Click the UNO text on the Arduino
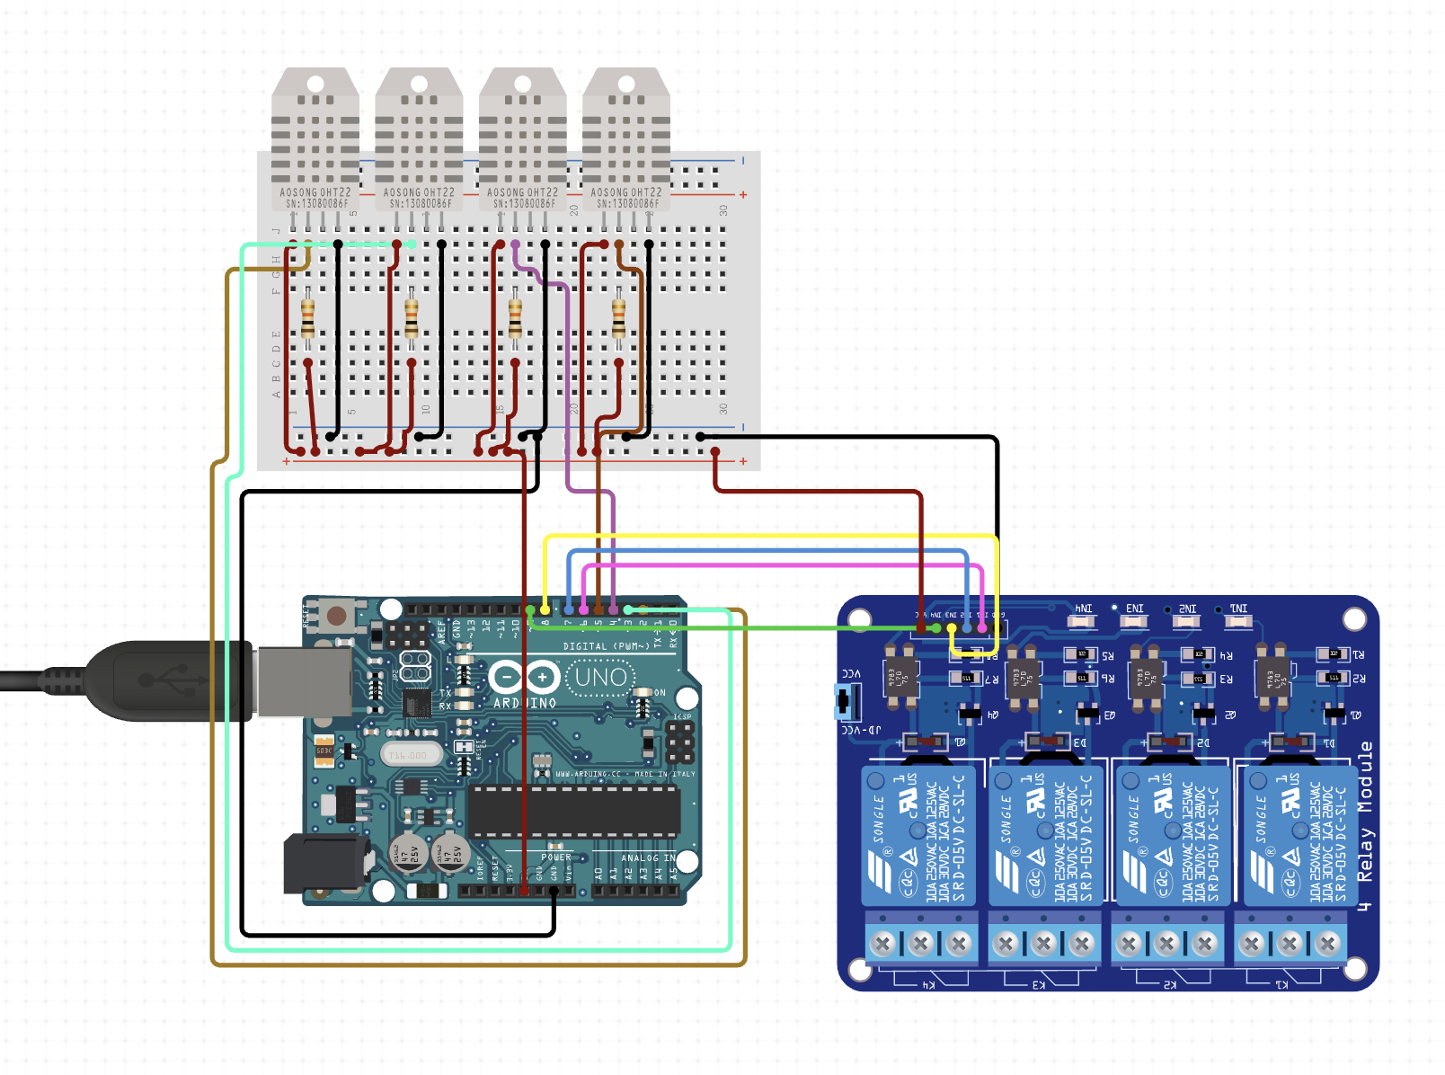(x=600, y=677)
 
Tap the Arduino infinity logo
(x=524, y=678)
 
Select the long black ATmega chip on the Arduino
(x=575, y=812)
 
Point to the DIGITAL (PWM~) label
(x=607, y=646)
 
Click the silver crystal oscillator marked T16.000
(x=410, y=755)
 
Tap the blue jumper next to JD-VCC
(x=845, y=701)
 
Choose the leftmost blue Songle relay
(x=918, y=835)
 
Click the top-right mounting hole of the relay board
(x=1355, y=619)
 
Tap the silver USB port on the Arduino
(x=304, y=681)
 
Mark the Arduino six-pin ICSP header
(x=680, y=742)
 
